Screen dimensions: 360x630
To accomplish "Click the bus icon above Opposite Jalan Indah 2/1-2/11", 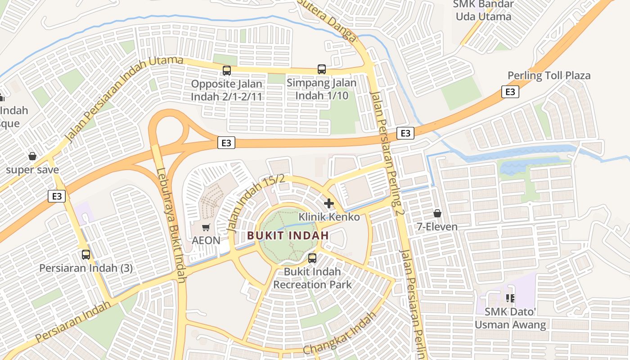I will (227, 71).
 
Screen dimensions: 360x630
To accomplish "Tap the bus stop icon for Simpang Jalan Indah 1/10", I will (321, 69).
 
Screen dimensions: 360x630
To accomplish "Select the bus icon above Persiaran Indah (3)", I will (86, 255).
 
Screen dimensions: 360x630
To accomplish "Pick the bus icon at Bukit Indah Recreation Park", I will (312, 258).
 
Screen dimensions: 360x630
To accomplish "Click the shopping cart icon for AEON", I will (206, 228).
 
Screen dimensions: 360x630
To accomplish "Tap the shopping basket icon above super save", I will (32, 157).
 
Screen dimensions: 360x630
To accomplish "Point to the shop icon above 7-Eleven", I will (437, 213).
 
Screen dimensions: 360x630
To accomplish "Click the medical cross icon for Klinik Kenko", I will (329, 203).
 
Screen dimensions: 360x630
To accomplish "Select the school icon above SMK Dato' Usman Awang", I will (510, 298).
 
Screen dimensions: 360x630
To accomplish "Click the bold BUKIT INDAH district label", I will (288, 235).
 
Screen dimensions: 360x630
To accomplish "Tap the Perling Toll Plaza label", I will (549, 76).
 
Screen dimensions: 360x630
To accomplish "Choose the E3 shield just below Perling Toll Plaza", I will (510, 92).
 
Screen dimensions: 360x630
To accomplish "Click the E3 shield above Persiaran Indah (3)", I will (57, 196).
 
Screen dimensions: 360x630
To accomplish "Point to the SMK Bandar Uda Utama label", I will (483, 10).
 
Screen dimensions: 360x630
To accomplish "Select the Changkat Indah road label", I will (339, 333).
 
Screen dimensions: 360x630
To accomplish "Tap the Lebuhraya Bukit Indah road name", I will (172, 225).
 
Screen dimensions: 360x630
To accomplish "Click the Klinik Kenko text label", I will (329, 217).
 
